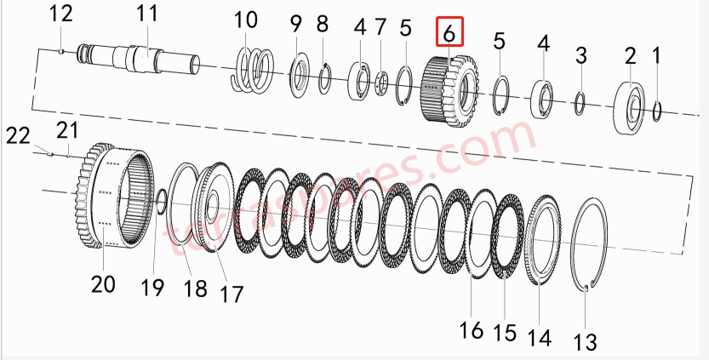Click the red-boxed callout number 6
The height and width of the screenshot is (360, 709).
pyautogui.click(x=449, y=34)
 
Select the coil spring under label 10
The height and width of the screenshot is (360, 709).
pyautogui.click(x=253, y=69)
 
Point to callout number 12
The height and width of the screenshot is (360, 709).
pyautogui.click(x=61, y=14)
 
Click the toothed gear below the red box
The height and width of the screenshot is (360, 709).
pyautogui.click(x=448, y=88)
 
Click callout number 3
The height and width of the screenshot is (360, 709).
pyautogui.click(x=580, y=57)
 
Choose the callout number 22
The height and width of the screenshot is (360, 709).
pyautogui.click(x=19, y=134)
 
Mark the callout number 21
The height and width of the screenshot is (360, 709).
pyautogui.click(x=67, y=129)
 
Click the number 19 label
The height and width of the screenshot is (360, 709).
pyautogui.click(x=152, y=288)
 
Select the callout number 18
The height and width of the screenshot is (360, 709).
pyautogui.click(x=195, y=288)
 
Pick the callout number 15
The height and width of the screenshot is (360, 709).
pyautogui.click(x=506, y=332)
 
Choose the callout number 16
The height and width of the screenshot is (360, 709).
pyautogui.click(x=471, y=329)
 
